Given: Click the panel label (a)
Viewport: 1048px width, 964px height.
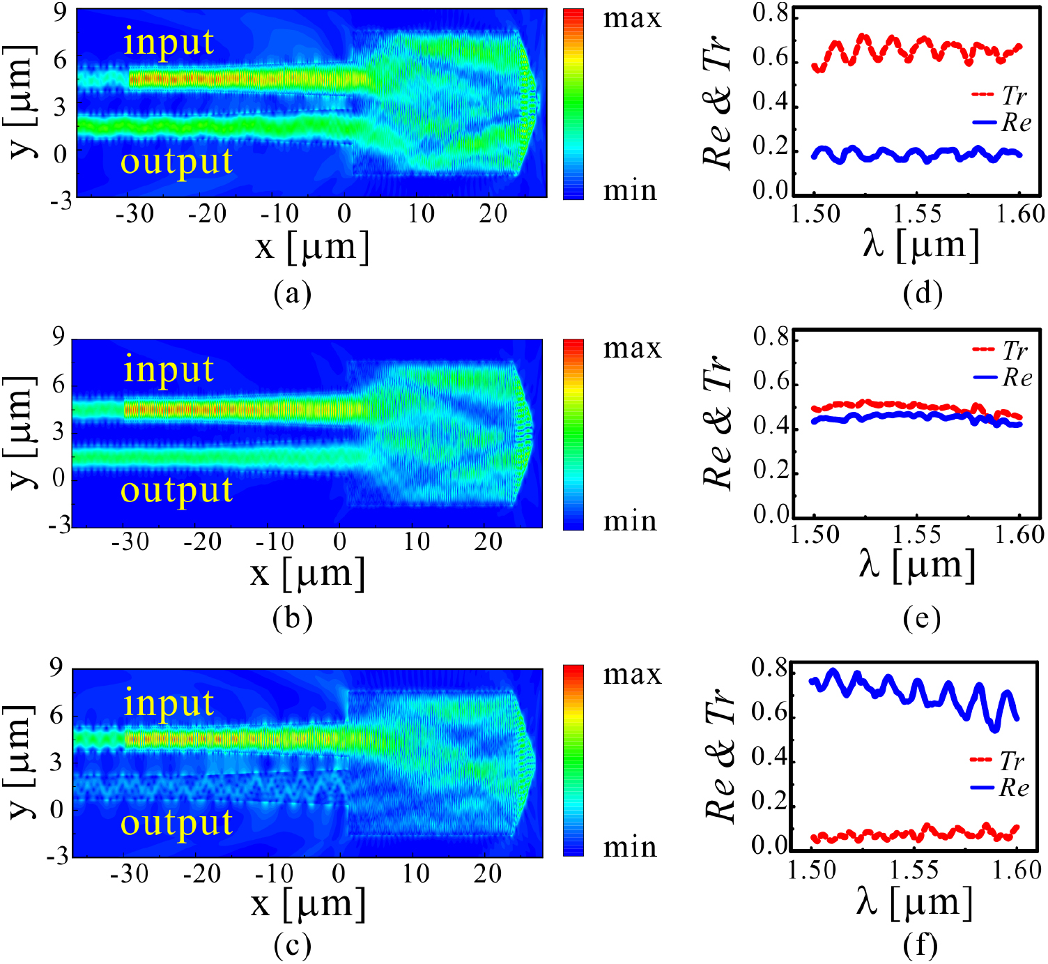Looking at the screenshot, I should [292, 293].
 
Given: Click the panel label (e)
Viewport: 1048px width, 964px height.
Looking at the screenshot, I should [921, 618].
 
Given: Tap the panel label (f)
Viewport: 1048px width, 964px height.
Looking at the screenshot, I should [920, 945].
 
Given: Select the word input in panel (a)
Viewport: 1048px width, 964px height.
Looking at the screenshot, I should [168, 42].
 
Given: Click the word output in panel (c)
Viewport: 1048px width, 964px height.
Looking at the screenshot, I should [176, 823].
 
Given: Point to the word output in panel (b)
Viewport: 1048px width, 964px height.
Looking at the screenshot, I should [176, 490].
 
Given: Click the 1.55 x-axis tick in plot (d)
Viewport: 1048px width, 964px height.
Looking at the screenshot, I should [918, 214].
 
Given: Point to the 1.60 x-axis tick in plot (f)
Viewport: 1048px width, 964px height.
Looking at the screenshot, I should [1018, 870].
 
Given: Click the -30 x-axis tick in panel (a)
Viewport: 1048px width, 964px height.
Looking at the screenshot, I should [134, 213].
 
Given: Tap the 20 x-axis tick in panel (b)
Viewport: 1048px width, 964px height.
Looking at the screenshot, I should [488, 542].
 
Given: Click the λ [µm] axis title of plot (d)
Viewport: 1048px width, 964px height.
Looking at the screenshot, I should [920, 245].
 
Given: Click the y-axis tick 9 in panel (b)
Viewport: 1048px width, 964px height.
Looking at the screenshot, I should [59, 337].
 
